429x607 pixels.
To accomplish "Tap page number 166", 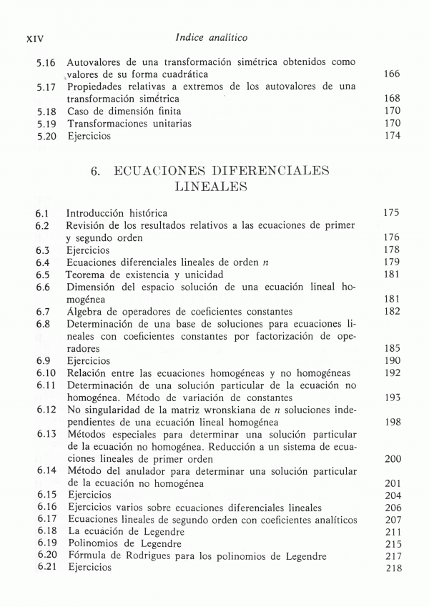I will pos(391,74).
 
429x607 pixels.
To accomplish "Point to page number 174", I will pos(391,136).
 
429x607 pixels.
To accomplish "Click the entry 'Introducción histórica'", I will pos(117,213).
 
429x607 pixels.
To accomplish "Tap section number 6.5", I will pos(42,275).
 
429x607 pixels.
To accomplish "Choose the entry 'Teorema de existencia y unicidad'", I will pos(145,275).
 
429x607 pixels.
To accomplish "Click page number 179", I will pos(391,262).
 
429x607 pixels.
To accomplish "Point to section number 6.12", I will pos(46,410).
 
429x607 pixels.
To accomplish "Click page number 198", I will pos(391,422).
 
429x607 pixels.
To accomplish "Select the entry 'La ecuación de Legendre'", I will pos(126,531).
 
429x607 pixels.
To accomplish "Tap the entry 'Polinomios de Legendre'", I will pos(123,543).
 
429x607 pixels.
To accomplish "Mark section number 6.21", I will pos(46,568).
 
